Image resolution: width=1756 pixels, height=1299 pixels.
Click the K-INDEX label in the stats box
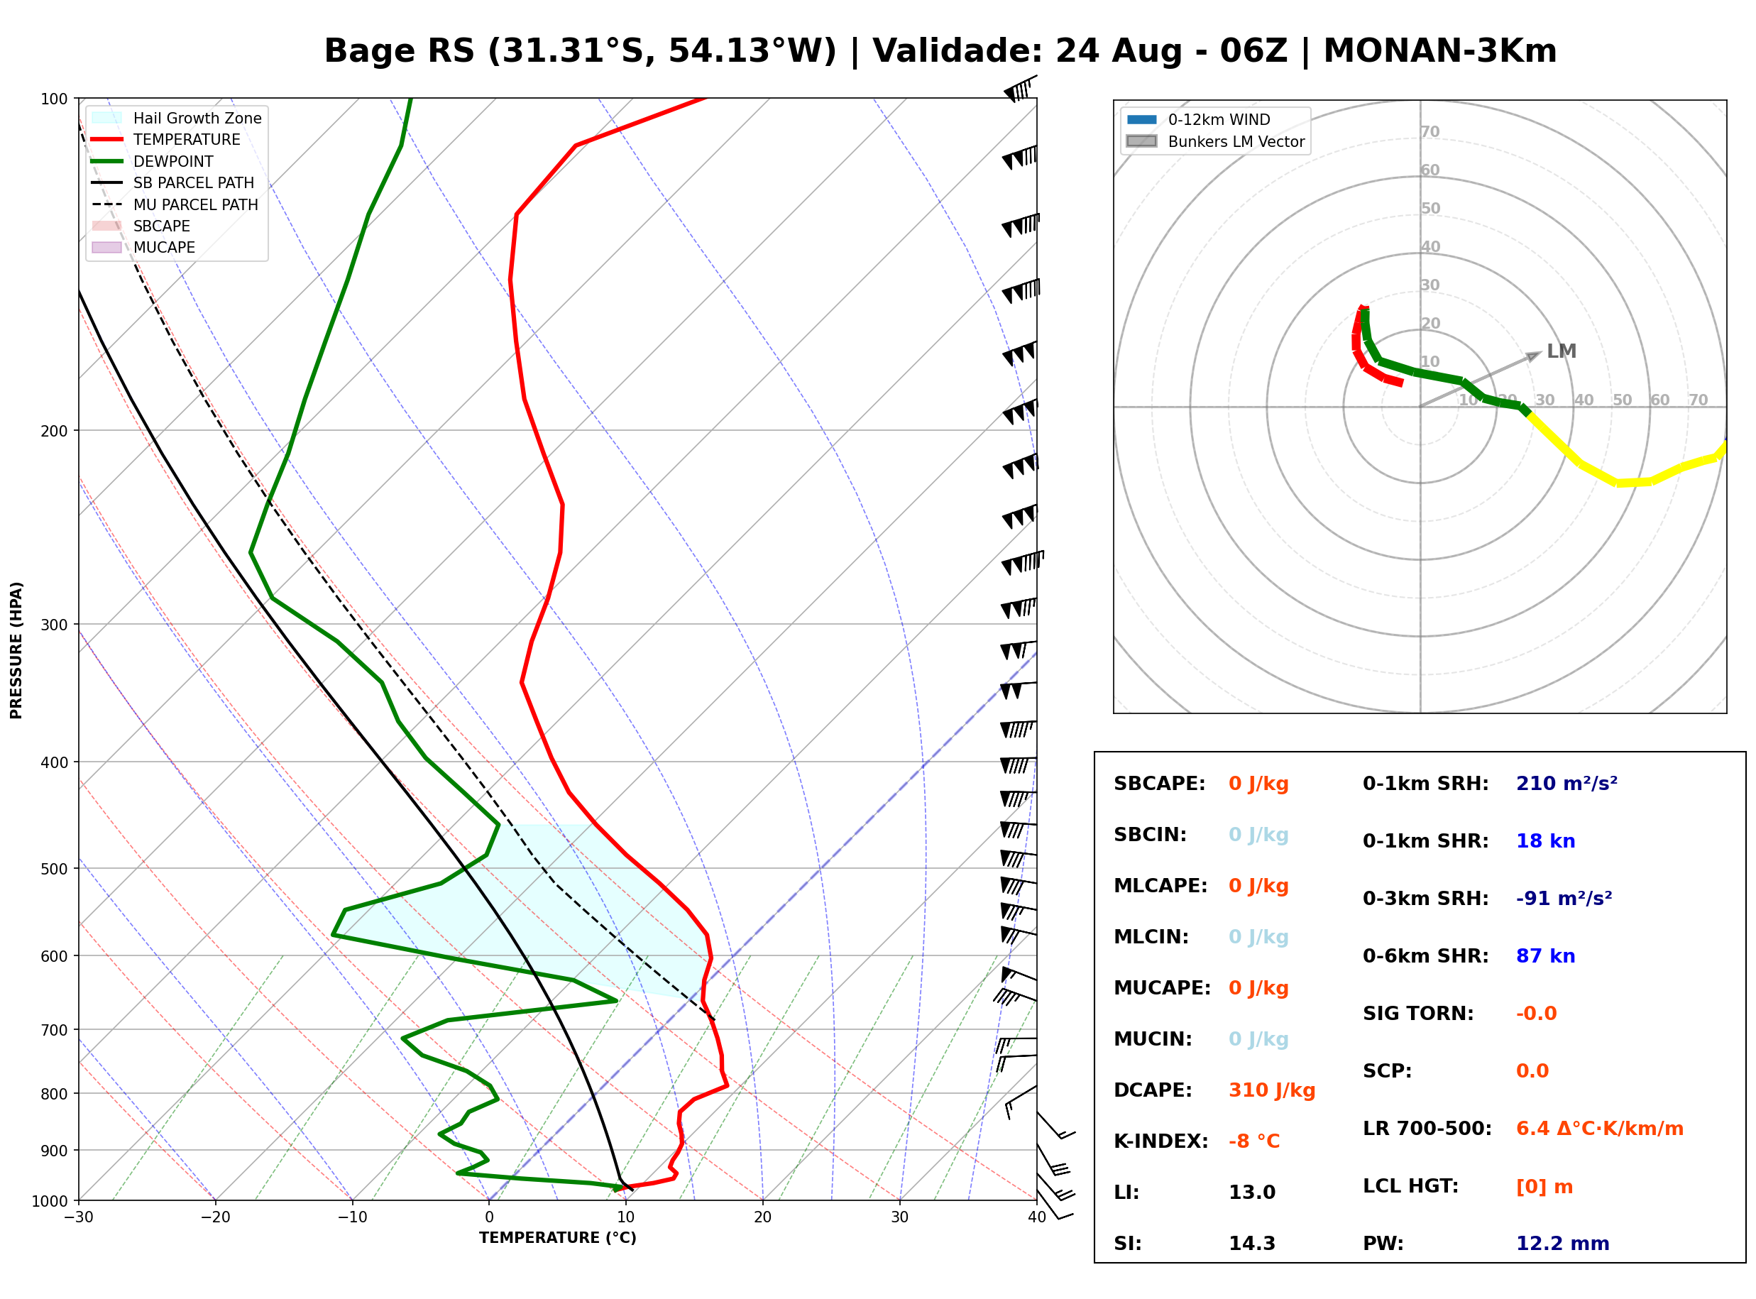click(x=1160, y=1141)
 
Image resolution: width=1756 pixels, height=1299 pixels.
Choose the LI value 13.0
click(x=1251, y=1192)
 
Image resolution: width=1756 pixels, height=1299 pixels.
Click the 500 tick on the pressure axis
click(x=54, y=869)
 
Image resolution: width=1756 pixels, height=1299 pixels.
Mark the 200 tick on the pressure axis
click(x=54, y=431)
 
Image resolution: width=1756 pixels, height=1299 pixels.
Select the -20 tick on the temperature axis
click(x=214, y=1217)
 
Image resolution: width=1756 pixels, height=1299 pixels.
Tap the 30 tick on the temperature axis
click(x=899, y=1217)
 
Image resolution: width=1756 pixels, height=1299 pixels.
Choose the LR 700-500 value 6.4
click(x=1534, y=1129)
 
